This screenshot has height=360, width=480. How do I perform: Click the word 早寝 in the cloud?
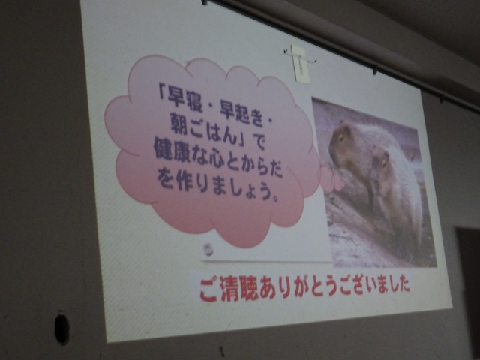pos(184,100)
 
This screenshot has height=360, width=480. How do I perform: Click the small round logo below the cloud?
pos(208,248)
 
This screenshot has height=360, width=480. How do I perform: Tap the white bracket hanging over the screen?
pos(300,63)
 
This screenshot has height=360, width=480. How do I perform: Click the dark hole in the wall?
pos(61,328)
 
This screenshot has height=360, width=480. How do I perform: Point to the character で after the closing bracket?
pos(259,142)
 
